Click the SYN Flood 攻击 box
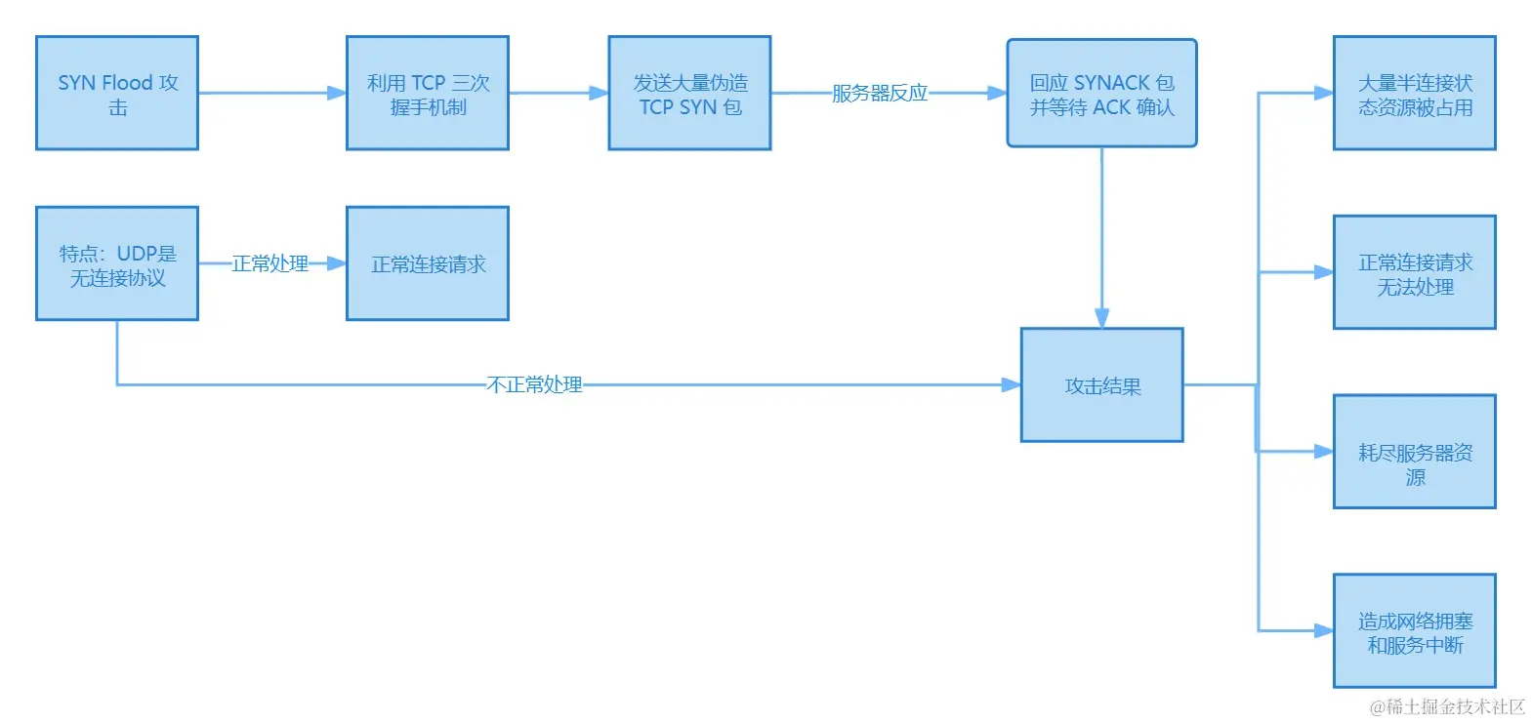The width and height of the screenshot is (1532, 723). click(117, 94)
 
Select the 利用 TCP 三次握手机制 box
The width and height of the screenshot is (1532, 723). click(428, 94)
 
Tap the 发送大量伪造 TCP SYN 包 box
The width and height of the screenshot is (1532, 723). click(689, 94)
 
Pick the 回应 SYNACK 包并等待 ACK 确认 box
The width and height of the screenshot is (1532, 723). click(1101, 94)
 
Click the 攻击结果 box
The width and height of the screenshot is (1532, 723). click(1101, 385)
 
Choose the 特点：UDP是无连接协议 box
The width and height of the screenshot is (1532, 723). click(117, 263)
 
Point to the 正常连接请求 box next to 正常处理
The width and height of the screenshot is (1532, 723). click(428, 263)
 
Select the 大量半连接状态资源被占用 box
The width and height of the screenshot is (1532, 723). click(1415, 94)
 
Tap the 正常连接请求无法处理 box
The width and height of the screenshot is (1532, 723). click(1415, 273)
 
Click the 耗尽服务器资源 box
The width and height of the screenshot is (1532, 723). click(1415, 452)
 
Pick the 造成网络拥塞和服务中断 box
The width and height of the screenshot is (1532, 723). click(1415, 631)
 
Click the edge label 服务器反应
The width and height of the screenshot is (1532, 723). click(879, 94)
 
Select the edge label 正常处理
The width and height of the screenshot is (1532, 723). click(270, 263)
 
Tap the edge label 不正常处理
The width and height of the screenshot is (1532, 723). click(534, 385)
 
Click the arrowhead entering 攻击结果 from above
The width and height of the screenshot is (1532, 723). click(1101, 318)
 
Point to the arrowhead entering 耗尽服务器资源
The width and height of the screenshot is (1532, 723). click(1323, 452)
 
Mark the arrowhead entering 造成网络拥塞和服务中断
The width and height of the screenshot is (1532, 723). click(1323, 631)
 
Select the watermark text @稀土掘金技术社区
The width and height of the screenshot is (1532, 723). click(1447, 706)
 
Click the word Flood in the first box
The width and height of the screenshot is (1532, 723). click(127, 83)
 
